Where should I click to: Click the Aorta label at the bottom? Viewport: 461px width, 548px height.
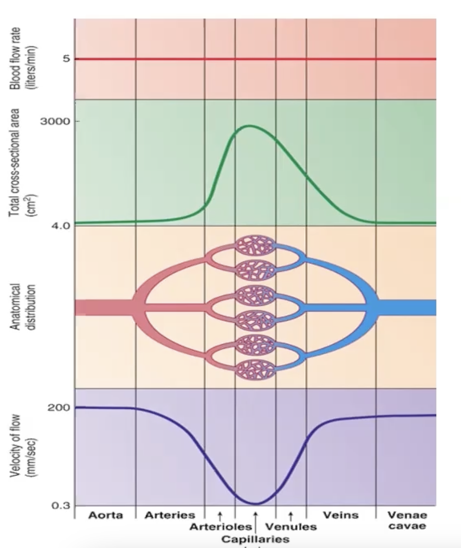pos(105,515)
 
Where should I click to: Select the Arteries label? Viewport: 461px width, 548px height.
pos(170,515)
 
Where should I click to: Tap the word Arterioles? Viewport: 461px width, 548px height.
pos(220,527)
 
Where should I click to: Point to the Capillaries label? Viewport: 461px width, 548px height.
pos(255,539)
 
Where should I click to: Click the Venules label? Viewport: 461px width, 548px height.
pos(291,527)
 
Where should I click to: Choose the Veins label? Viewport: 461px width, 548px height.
pos(341,515)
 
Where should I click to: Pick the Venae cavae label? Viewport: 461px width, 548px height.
pos(407,520)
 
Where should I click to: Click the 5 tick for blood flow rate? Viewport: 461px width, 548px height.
pos(66,59)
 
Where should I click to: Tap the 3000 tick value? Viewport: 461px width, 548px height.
pos(55,121)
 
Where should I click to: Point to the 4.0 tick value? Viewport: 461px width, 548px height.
pos(60,225)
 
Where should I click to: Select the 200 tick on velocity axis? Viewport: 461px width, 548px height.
pos(59,408)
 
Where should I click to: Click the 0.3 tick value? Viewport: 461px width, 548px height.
pos(61,506)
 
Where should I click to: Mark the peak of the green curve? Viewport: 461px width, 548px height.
pos(249,126)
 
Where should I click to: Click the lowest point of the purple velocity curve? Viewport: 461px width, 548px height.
pos(255,504)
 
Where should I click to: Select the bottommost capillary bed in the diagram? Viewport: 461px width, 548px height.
pos(255,370)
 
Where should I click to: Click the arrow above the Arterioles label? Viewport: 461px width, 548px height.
pos(220,516)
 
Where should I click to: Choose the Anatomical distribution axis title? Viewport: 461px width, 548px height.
pos(20,307)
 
